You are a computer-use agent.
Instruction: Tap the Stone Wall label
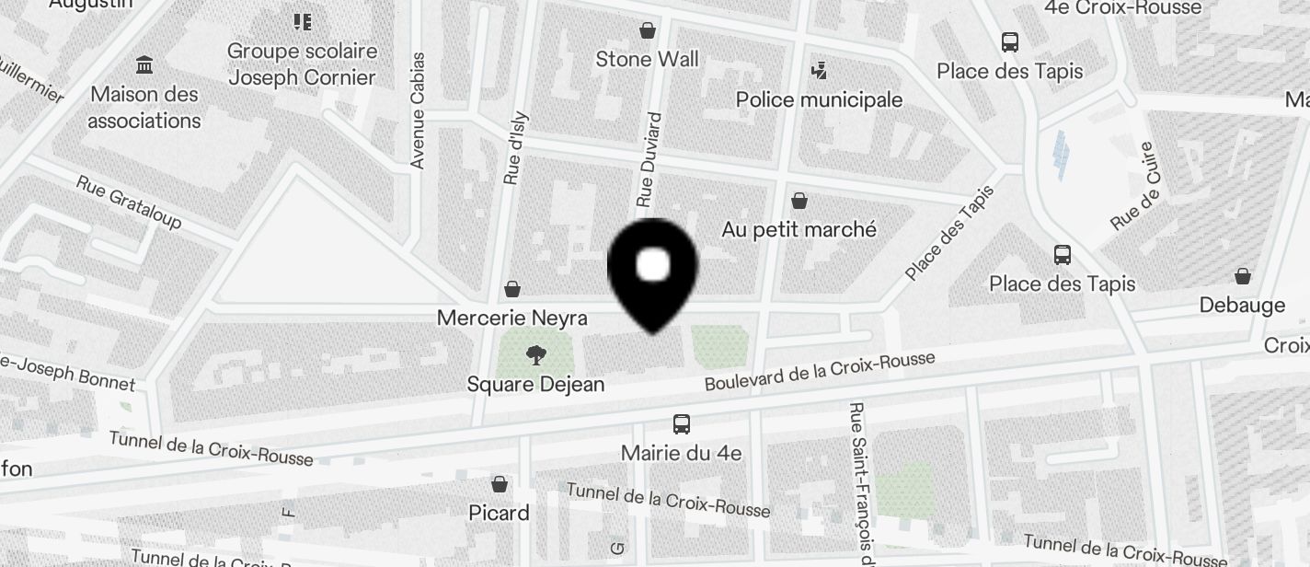point(647,60)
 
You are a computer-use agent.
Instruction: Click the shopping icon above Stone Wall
point(648,30)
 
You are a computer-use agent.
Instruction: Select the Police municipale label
point(819,99)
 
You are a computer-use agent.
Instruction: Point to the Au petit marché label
point(799,229)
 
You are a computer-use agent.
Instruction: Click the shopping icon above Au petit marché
point(799,200)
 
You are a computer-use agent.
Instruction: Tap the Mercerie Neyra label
point(511,318)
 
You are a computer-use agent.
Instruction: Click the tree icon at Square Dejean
point(535,355)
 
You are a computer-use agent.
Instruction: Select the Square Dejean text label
point(535,384)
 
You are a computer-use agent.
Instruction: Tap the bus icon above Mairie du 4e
point(681,424)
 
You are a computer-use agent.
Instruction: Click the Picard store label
point(499,513)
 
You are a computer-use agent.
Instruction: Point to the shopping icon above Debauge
point(1242,276)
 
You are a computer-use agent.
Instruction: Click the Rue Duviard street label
point(649,159)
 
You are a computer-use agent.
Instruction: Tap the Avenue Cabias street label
point(418,110)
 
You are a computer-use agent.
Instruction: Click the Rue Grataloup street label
point(129,202)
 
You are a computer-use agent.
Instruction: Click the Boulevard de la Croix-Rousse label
point(820,372)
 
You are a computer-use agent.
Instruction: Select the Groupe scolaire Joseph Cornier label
point(302,64)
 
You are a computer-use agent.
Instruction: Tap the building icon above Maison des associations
point(144,65)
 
